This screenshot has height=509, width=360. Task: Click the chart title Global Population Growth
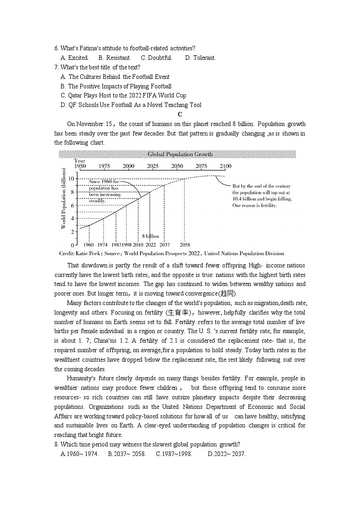(180, 155)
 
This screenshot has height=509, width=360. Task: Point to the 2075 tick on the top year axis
(201, 166)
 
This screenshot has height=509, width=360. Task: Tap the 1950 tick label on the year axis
(80, 166)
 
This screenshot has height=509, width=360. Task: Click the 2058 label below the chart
(185, 245)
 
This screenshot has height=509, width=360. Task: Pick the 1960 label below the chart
(89, 245)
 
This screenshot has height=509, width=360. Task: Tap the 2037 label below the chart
(164, 245)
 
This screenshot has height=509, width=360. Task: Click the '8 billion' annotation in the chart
(151, 236)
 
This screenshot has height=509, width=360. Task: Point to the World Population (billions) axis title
(63, 198)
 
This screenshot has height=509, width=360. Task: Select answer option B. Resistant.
(115, 58)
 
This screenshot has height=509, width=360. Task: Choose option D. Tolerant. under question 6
(200, 58)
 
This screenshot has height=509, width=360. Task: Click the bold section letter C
(180, 114)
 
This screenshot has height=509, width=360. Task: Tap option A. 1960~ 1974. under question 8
(79, 454)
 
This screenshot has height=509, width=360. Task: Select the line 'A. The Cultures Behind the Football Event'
(115, 77)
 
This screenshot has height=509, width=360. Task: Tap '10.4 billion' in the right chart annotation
(247, 199)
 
